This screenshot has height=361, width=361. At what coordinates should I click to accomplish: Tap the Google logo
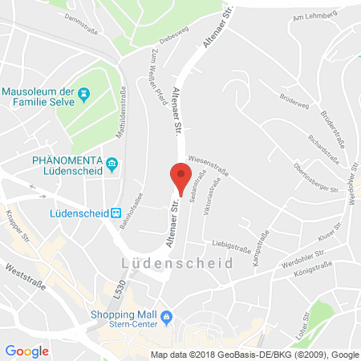27,351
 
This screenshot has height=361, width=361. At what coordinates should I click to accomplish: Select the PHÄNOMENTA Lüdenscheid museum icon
112,165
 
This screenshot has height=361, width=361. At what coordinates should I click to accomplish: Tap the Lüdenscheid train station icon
116,213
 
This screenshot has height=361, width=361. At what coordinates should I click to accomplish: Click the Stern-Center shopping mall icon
166,318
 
